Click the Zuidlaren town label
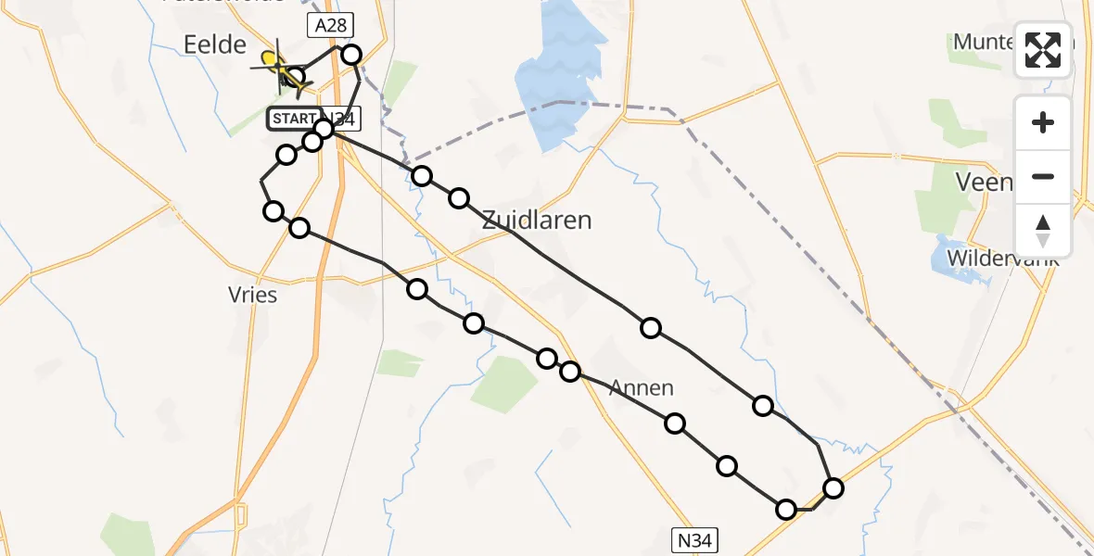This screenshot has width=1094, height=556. pos(536,221)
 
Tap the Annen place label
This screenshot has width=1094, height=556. pos(642,388)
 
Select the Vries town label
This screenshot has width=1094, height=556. pos(252,294)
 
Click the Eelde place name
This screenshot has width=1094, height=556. pos(215,44)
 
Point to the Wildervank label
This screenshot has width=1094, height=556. pos(1002,256)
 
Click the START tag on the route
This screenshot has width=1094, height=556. pos(293,119)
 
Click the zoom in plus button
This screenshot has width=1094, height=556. pos(1043,122)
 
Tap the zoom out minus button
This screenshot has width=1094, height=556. pos(1043,176)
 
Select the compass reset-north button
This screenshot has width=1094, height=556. pos(1043,230)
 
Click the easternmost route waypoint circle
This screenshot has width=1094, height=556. pos(833,488)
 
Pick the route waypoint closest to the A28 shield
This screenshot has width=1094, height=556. pos(351,55)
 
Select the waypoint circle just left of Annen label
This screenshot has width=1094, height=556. pos(570,372)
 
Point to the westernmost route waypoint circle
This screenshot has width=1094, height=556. pos(273,211)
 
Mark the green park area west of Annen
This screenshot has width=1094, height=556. pos(505,383)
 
